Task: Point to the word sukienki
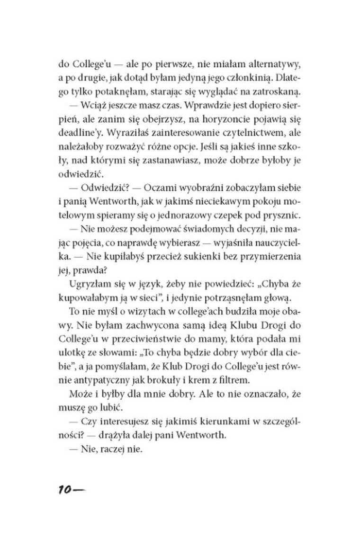tap(193, 257)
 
